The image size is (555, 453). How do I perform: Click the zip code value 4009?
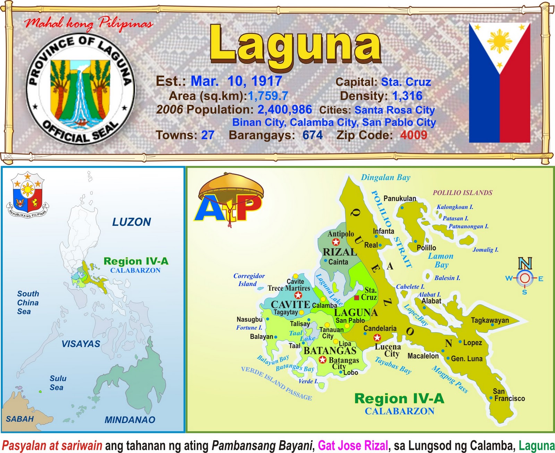point(413,135)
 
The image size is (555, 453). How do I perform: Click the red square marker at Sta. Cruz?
point(356,298)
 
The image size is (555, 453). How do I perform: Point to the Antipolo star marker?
point(336,242)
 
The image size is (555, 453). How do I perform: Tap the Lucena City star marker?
point(377,337)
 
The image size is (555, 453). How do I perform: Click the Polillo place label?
point(426,248)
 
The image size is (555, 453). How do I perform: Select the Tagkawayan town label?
point(490,320)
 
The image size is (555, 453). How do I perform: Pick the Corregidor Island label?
point(249,280)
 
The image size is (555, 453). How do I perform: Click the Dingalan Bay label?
point(385,178)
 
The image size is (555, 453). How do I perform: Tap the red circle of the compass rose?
point(525,278)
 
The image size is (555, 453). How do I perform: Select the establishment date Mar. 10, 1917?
point(236,81)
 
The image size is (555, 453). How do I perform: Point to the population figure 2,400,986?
point(284,110)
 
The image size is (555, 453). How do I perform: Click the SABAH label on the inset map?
point(20,419)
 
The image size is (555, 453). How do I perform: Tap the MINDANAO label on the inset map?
point(130,420)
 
